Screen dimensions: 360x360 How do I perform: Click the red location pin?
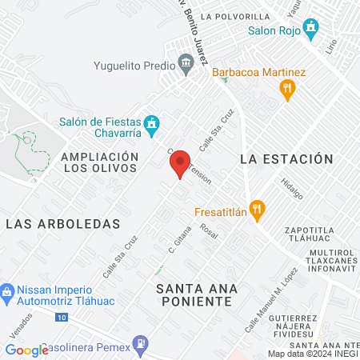[x=180, y=164]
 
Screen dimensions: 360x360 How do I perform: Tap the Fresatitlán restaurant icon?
[x=256, y=210]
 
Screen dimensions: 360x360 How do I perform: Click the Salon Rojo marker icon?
[x=312, y=30]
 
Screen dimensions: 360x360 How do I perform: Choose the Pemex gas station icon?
[x=141, y=345]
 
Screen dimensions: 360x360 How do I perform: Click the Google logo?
[x=26, y=350]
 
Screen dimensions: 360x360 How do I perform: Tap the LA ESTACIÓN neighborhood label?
[x=286, y=159]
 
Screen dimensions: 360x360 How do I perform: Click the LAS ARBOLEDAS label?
[x=62, y=224]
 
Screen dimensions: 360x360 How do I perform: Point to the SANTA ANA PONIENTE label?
[x=194, y=294]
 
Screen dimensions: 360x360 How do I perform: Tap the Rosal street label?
[x=210, y=230]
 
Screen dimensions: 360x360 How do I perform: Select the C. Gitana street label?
[x=178, y=243]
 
